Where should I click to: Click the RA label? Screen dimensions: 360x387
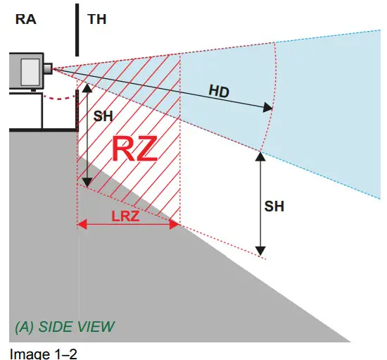(x=26, y=20)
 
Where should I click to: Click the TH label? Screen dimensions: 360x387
(x=98, y=20)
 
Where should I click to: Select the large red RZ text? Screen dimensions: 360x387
(x=134, y=150)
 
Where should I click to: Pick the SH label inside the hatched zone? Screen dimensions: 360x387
(x=103, y=116)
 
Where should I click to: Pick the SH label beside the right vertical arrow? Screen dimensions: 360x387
(x=274, y=206)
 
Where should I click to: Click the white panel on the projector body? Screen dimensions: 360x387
(x=30, y=72)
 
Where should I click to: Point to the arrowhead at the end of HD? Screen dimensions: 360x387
(x=268, y=108)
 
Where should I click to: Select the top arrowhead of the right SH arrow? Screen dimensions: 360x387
(x=260, y=156)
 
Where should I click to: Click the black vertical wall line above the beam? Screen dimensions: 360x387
(x=76, y=28)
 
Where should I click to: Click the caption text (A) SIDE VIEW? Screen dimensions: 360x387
(x=64, y=327)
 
